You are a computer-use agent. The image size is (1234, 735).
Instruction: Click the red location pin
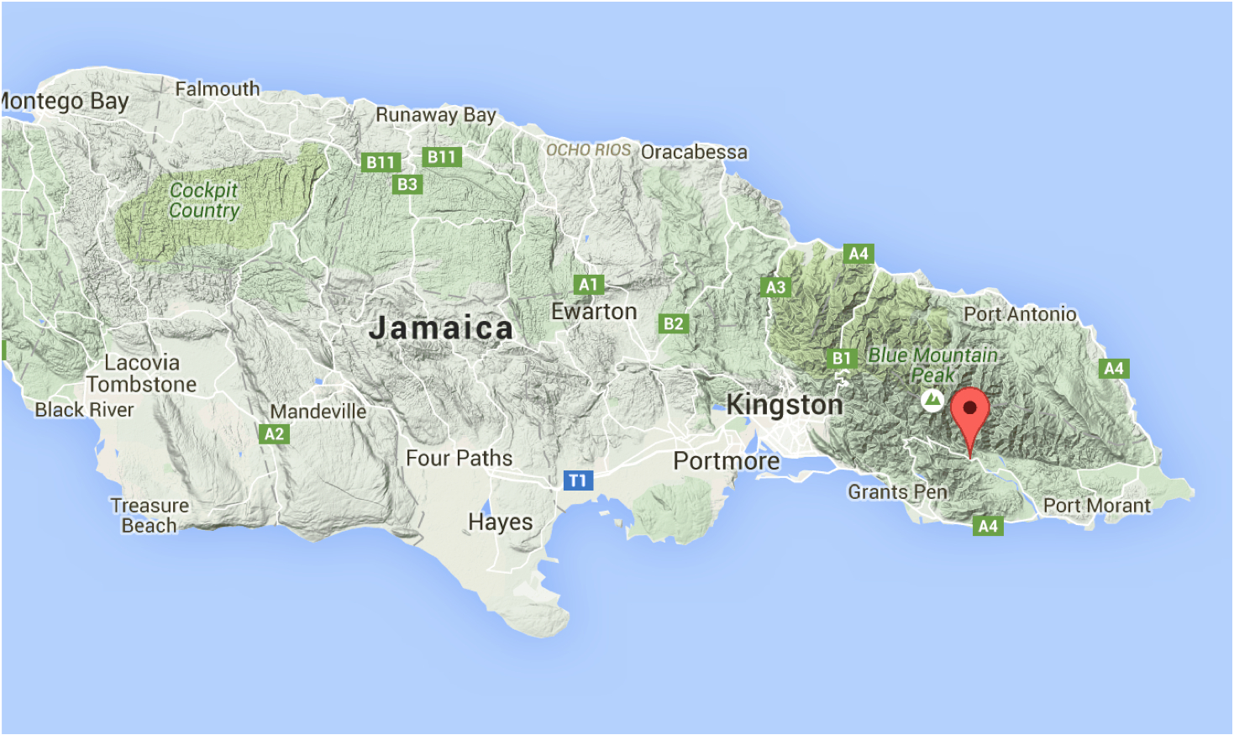969,412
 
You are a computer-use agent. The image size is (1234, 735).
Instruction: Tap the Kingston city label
784,405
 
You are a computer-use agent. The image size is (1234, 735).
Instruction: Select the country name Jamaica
441,328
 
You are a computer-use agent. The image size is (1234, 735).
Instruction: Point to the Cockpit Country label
204,201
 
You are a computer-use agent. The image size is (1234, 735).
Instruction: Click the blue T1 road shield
577,480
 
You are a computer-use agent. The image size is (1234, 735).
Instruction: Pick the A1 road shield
588,285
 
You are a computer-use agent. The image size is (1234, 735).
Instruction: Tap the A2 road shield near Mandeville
274,434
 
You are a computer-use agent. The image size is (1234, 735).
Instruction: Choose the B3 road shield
407,184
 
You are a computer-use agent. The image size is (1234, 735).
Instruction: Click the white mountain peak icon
932,400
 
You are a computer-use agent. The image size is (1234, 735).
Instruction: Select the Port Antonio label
1020,314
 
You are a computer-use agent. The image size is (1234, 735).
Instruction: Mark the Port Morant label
1096,506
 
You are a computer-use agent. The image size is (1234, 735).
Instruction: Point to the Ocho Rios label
588,150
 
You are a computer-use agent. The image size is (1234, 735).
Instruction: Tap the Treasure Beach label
150,516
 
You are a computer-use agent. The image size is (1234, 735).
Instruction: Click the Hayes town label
500,522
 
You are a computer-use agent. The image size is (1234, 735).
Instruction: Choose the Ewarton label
594,312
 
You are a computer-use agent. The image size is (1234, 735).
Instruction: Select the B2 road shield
674,323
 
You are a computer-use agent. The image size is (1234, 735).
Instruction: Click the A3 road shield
775,287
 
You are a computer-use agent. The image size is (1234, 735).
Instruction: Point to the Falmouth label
218,88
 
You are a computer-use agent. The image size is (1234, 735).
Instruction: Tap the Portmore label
727,461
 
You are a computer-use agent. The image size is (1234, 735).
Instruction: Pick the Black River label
84,410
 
